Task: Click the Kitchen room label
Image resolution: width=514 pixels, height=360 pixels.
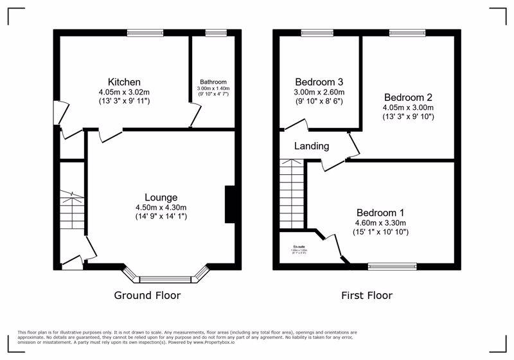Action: coord(124,82)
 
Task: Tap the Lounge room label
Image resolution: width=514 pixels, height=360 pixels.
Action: coord(161,197)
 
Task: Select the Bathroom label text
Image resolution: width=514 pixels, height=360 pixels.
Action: coord(213,82)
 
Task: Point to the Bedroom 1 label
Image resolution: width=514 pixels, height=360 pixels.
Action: coord(380,213)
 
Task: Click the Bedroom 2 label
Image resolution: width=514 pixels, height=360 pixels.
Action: coord(407,98)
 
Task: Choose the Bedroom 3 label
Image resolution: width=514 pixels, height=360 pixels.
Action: coord(319,82)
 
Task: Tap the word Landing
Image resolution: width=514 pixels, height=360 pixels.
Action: coord(312,146)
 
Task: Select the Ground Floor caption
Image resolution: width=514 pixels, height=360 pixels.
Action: coord(147,296)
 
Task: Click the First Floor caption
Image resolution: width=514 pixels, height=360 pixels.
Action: coord(366,296)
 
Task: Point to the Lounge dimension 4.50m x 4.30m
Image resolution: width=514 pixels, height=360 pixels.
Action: coord(161,207)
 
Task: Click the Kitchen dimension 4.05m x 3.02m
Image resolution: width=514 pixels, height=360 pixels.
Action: coord(124,92)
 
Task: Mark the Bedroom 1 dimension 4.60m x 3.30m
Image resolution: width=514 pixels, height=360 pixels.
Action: coord(380,222)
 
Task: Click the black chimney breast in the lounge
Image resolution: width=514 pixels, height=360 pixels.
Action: coord(229,205)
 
